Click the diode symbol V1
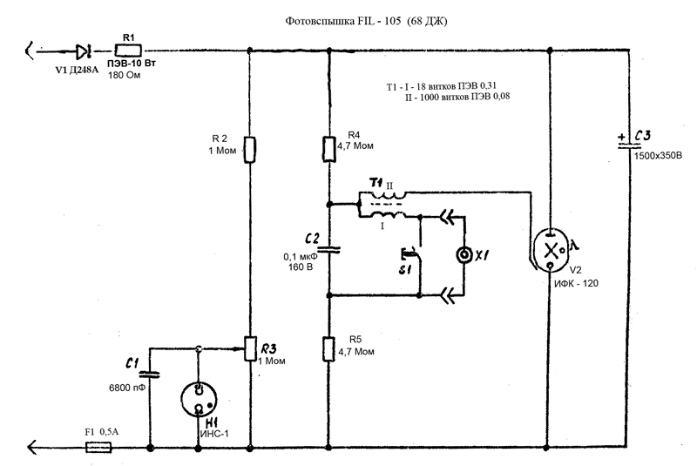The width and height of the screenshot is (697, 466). click(83, 51)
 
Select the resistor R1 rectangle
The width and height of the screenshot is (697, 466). click(128, 51)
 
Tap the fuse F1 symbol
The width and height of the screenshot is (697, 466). click(98, 448)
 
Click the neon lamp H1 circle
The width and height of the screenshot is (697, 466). click(199, 399)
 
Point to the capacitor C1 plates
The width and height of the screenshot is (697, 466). click(149, 374)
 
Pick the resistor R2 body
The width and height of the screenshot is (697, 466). click(250, 149)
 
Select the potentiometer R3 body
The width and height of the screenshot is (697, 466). click(250, 348)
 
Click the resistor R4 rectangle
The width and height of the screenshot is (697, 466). click(329, 149)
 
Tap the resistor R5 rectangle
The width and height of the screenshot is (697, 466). click(329, 348)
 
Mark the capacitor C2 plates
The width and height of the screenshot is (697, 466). click(329, 250)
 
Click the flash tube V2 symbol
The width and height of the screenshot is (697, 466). click(551, 250)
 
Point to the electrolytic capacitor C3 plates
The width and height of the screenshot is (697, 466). click(629, 144)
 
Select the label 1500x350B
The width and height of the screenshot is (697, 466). click(658, 156)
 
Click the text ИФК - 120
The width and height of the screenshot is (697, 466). click(576, 283)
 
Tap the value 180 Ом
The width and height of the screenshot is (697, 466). click(124, 75)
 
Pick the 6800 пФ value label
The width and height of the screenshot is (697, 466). click(127, 388)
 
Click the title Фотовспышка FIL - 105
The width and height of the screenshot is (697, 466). click(342, 21)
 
